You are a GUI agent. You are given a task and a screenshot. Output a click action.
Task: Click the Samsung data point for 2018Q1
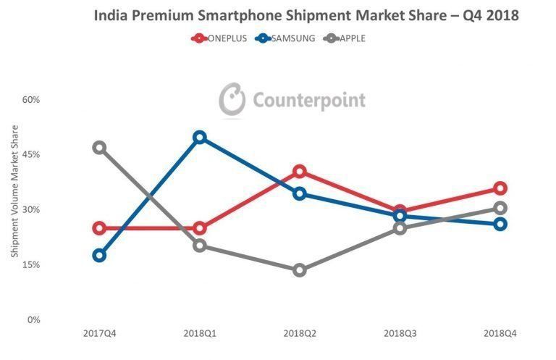(x=200, y=138)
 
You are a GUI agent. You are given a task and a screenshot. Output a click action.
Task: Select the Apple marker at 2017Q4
(x=99, y=148)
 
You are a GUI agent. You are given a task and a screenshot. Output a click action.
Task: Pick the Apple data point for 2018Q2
(x=300, y=270)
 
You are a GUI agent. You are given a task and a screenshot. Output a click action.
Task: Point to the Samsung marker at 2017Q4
(x=99, y=255)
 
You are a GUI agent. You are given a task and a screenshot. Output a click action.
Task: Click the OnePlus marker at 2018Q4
(x=500, y=188)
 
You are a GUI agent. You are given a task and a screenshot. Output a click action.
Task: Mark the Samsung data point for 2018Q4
(x=500, y=224)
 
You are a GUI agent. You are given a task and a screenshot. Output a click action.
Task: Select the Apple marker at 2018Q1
(x=200, y=246)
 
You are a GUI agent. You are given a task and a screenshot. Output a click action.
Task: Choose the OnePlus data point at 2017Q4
(x=99, y=228)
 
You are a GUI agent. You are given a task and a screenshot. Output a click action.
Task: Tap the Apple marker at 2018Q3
(x=400, y=228)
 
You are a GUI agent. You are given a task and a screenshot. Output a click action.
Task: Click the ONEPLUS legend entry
(x=220, y=38)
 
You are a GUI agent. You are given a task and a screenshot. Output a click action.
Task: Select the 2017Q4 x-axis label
(x=99, y=332)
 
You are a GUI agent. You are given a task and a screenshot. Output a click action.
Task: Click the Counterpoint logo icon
(x=232, y=100)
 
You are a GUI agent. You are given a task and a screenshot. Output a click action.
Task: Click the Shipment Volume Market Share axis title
(x=14, y=191)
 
